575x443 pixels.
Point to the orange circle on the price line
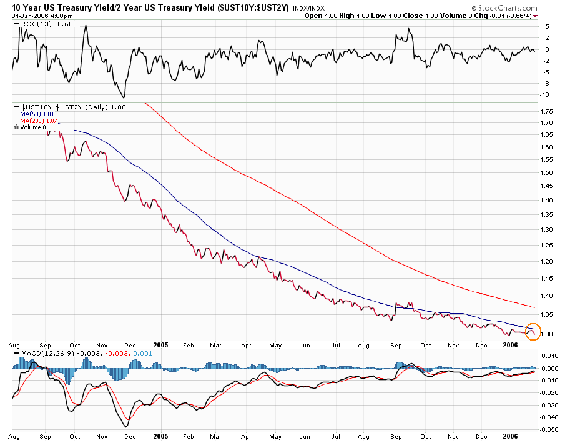point(533,331)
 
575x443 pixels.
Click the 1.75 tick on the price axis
point(548,111)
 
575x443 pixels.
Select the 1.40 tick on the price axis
point(548,201)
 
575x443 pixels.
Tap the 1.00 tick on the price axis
point(548,334)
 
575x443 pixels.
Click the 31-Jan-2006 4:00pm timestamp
point(39,16)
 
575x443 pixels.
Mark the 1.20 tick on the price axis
point(548,261)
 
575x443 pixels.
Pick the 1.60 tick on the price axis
point(548,147)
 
